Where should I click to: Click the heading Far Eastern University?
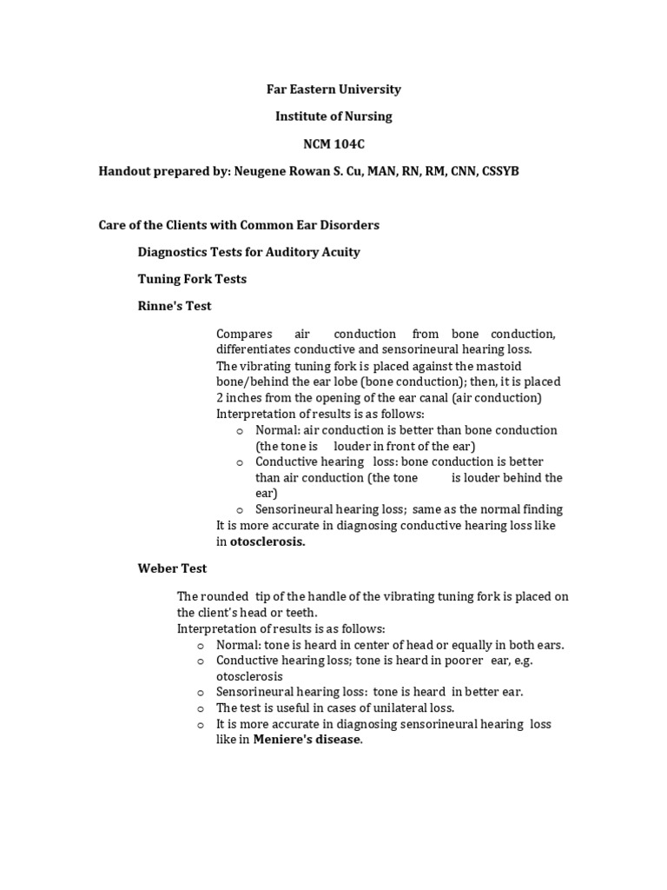(333, 89)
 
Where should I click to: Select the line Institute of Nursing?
(333, 116)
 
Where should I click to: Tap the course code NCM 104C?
(333, 143)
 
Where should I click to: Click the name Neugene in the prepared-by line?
(258, 171)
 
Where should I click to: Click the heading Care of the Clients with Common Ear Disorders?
(239, 224)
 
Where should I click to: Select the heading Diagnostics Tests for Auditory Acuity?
(248, 252)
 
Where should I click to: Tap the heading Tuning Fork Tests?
(192, 279)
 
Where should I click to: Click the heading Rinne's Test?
(175, 306)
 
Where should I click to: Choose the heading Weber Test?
(172, 568)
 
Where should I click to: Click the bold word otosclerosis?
(267, 541)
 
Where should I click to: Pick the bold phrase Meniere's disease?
(307, 740)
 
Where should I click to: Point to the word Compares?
(243, 334)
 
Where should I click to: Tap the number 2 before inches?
(220, 397)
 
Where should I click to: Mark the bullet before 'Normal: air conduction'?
(239, 430)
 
